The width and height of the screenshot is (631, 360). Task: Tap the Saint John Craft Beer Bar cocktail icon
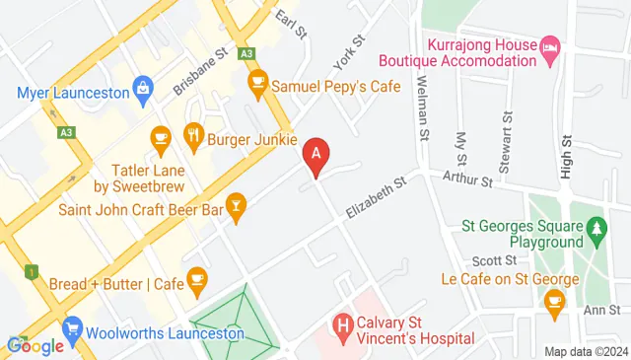click(236, 204)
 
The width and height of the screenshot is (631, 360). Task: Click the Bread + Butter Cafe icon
click(196, 280)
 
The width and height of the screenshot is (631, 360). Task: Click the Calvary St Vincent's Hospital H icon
click(343, 323)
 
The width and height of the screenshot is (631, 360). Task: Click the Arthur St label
click(467, 180)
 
